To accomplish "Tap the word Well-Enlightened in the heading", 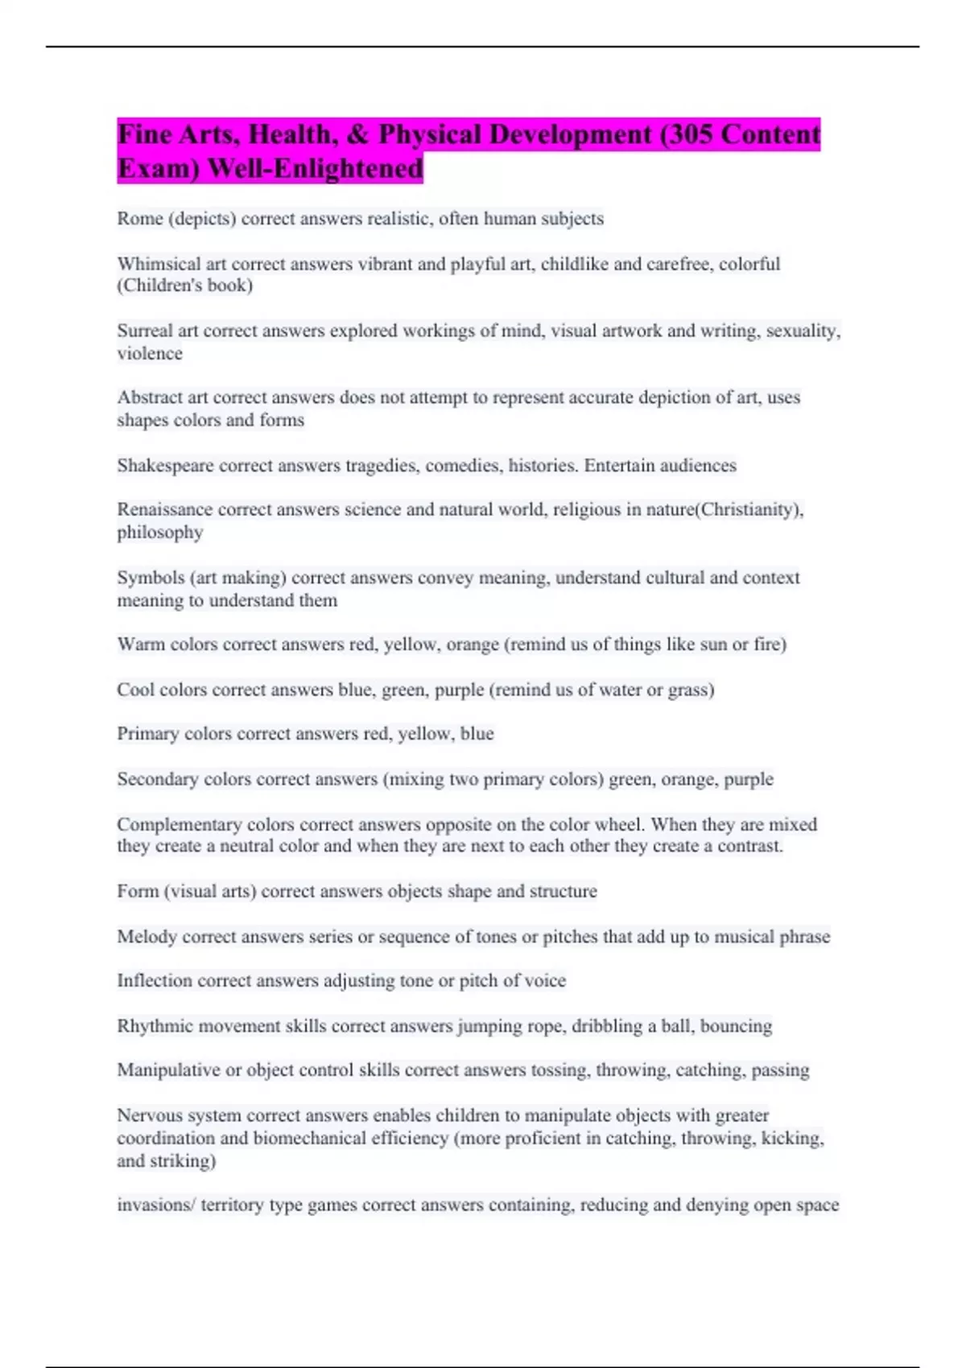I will coord(315,169).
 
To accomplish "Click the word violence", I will coord(150,353).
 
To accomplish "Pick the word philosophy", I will coord(160,533).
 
